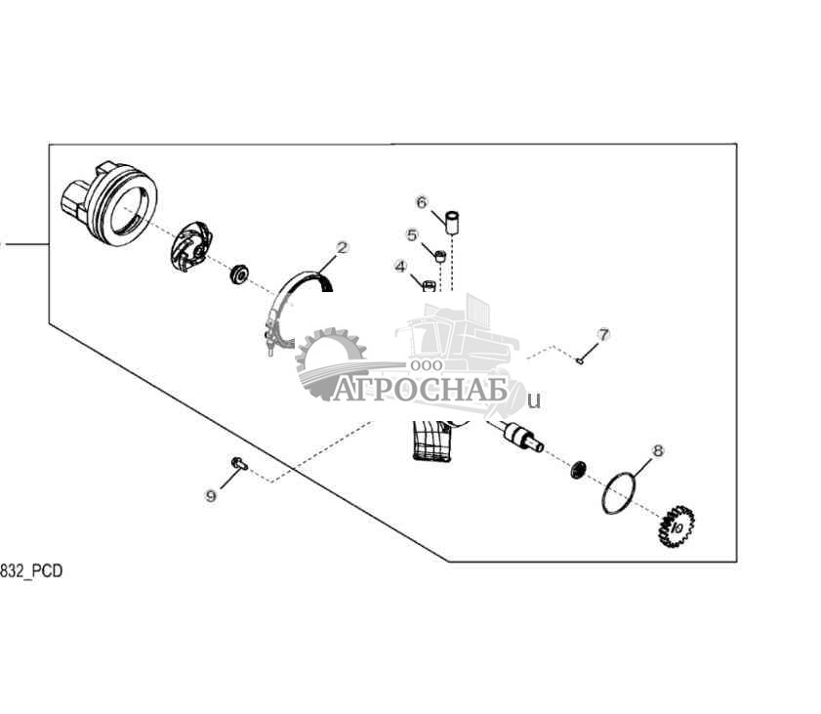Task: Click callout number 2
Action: click(x=342, y=248)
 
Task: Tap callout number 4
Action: click(x=400, y=266)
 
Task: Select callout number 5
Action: click(x=412, y=234)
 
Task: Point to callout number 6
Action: click(x=422, y=202)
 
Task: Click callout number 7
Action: click(x=603, y=335)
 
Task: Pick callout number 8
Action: click(x=657, y=450)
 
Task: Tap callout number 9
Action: click(x=211, y=496)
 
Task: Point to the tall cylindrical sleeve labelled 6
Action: click(x=453, y=221)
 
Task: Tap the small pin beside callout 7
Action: click(x=580, y=361)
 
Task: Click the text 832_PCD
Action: click(x=31, y=571)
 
